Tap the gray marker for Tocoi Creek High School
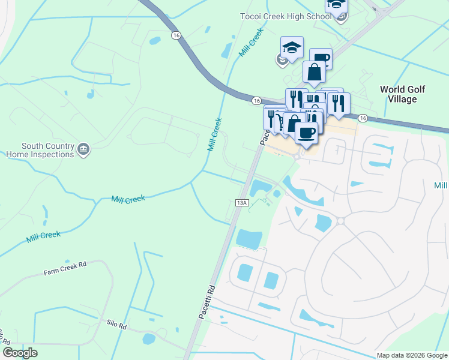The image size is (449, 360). pyautogui.click(x=341, y=17)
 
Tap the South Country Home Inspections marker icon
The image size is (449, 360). pyautogui.click(x=83, y=149)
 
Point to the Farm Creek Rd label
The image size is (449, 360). pyautogui.click(x=65, y=268)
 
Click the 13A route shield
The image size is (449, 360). pyautogui.click(x=242, y=203)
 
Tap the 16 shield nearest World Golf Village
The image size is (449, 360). pyautogui.click(x=363, y=119)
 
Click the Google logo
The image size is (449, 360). pyautogui.click(x=20, y=353)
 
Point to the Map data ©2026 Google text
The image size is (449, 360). pyautogui.click(x=412, y=355)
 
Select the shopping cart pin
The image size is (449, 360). pyautogui.click(x=280, y=122)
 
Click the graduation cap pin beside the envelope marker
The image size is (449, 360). pyautogui.click(x=292, y=48)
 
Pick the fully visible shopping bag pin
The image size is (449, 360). pyautogui.click(x=314, y=73)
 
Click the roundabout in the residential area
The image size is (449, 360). pyautogui.click(x=340, y=221)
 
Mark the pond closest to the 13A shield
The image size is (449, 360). pyautogui.click(x=261, y=188)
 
